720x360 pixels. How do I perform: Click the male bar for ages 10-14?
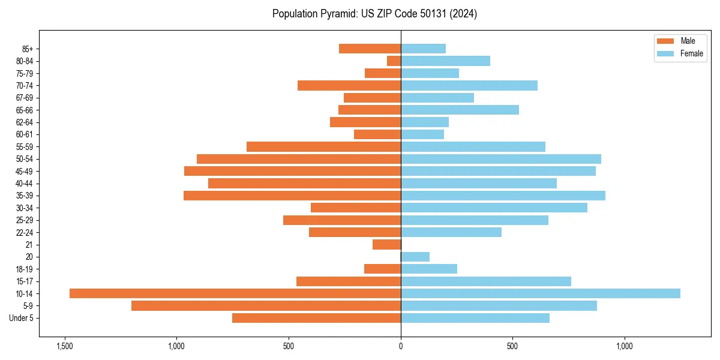pyautogui.click(x=235, y=293)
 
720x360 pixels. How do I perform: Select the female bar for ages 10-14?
pyautogui.click(x=540, y=293)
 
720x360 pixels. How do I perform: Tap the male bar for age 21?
pyautogui.click(x=387, y=245)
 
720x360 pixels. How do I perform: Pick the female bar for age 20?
pyautogui.click(x=415, y=257)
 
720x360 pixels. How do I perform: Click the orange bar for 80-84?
pyautogui.click(x=394, y=61)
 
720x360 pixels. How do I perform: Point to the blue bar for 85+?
pyautogui.click(x=423, y=49)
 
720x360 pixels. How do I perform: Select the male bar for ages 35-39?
pyautogui.click(x=292, y=196)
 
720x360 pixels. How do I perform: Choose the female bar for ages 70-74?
pyautogui.click(x=469, y=86)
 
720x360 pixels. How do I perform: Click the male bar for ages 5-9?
pyautogui.click(x=266, y=306)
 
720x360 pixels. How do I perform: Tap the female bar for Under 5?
pyautogui.click(x=475, y=318)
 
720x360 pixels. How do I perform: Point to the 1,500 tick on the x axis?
pyautogui.click(x=64, y=346)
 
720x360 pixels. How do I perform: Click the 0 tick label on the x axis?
pyautogui.click(x=401, y=346)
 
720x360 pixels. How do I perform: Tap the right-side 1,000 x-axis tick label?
pyautogui.click(x=625, y=346)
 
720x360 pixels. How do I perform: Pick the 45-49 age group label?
pyautogui.click(x=25, y=171)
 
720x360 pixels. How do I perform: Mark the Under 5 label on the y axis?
pyautogui.click(x=22, y=318)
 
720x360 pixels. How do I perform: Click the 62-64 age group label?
pyautogui.click(x=25, y=122)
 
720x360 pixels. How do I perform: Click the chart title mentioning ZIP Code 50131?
pyautogui.click(x=374, y=14)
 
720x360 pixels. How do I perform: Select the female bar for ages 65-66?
pyautogui.click(x=460, y=110)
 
